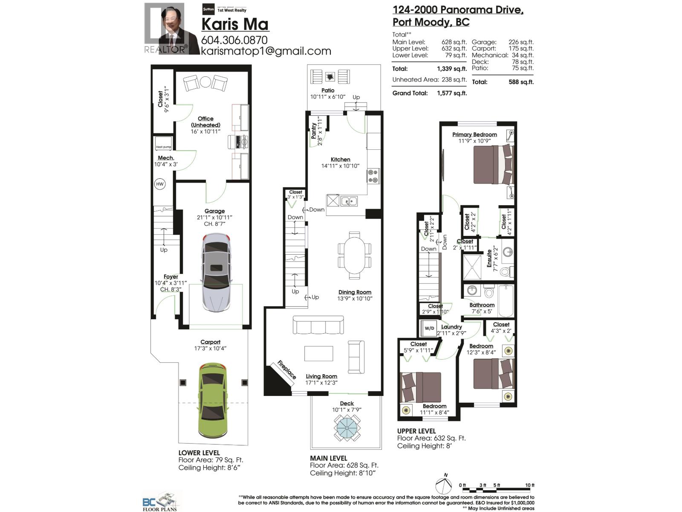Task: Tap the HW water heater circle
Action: (x=160, y=184)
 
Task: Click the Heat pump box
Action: (x=164, y=143)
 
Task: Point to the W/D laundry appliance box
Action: (x=429, y=328)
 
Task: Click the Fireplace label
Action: (x=286, y=369)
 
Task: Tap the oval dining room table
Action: (x=354, y=255)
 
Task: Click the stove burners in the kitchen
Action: (x=373, y=176)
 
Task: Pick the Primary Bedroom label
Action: (x=474, y=134)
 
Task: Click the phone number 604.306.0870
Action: (x=234, y=40)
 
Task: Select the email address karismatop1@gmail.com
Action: (x=266, y=51)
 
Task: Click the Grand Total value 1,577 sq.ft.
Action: (x=451, y=93)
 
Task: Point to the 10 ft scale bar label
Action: (x=529, y=485)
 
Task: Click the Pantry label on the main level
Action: (x=314, y=131)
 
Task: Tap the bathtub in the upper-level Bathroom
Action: (x=506, y=300)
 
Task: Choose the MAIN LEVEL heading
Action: (x=328, y=458)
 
